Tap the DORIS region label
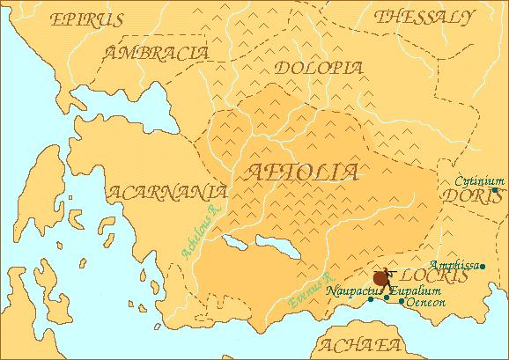pos(476,199)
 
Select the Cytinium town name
pos(477,180)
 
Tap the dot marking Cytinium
pos(495,190)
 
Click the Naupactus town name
pos(351,289)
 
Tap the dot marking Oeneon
pos(402,301)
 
